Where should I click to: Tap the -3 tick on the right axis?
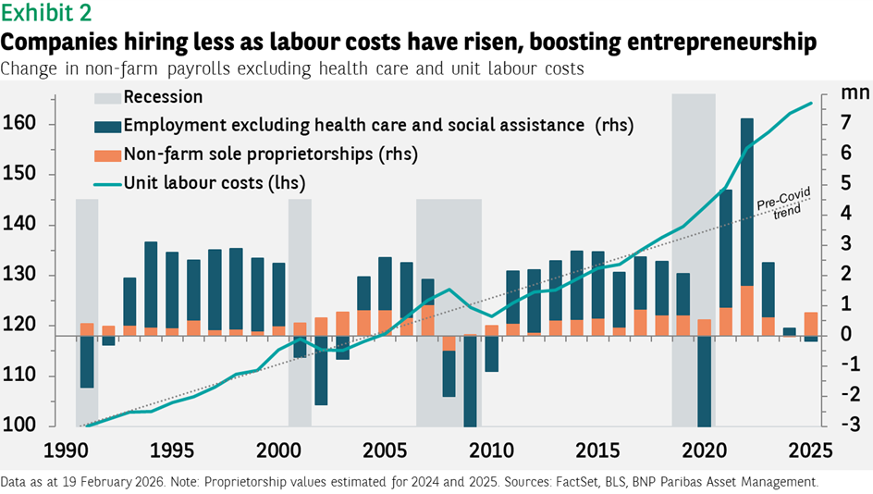(842, 426)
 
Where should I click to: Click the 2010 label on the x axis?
(489, 451)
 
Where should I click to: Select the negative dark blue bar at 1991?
(87, 361)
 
